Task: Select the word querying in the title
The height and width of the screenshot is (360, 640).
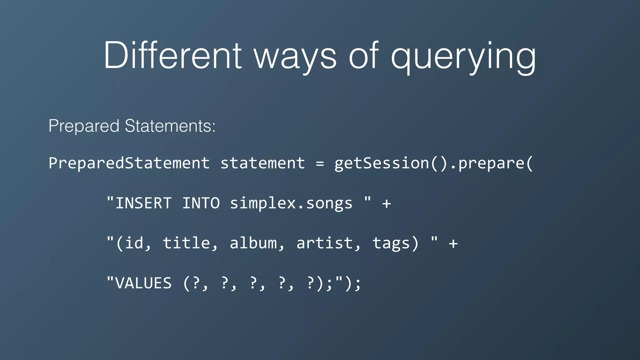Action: click(463, 58)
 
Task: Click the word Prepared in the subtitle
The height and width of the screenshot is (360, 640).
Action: click(84, 126)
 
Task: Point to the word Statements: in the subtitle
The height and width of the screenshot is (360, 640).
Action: click(170, 126)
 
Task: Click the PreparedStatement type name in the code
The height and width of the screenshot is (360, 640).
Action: click(129, 163)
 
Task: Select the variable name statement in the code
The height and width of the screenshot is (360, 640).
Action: click(262, 163)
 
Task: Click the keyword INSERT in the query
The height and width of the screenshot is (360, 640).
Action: click(143, 203)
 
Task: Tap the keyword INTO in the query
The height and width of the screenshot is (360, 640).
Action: click(201, 203)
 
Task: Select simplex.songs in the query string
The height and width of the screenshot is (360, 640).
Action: click(291, 204)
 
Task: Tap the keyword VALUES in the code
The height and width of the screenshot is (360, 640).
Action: click(143, 283)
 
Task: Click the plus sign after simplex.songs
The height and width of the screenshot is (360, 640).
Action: click(387, 204)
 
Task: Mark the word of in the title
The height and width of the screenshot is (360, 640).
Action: click(363, 55)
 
